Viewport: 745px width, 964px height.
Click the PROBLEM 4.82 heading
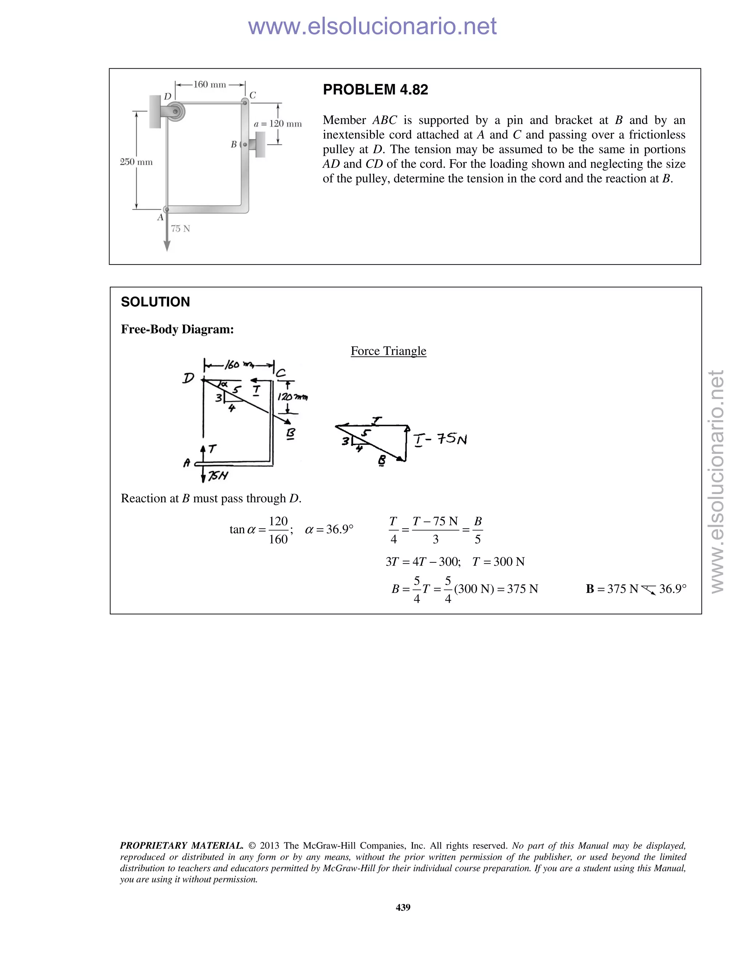tap(375, 89)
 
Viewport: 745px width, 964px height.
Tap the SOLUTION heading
tap(155, 302)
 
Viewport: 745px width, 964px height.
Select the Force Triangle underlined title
tap(389, 351)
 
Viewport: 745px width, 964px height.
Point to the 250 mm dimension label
tap(136, 162)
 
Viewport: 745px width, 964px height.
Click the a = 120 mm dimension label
tap(278, 124)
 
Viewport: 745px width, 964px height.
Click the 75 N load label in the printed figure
tap(180, 229)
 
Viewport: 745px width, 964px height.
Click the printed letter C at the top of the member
tap(252, 95)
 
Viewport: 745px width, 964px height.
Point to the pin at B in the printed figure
tap(245, 144)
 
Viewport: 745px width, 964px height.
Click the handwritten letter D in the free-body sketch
tap(188, 378)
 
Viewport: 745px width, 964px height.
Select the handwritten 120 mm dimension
tap(292, 397)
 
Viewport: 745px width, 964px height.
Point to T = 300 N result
tap(498, 562)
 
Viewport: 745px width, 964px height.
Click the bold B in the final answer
tap(590, 589)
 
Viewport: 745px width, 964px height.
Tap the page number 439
tap(403, 907)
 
